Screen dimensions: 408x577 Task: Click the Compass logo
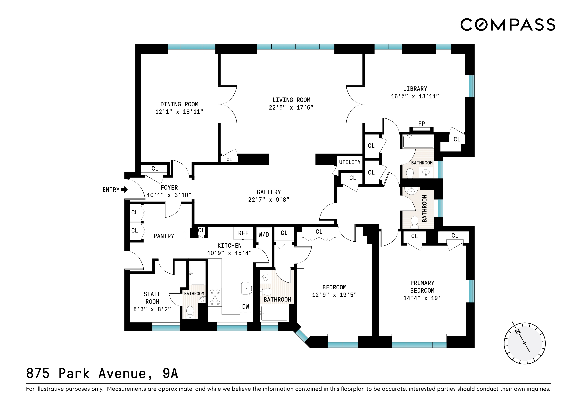coord(508,25)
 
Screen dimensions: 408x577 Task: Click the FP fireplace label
coord(421,124)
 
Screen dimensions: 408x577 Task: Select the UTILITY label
coord(350,162)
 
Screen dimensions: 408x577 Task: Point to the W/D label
coord(264,235)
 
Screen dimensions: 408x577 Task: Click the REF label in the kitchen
coord(243,233)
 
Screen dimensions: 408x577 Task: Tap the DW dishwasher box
coord(246,306)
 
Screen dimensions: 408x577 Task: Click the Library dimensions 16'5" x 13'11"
coord(415,96)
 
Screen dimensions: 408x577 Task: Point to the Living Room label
coord(291,100)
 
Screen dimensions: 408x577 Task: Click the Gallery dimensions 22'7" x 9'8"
coord(269,200)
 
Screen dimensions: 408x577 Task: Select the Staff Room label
coord(152,298)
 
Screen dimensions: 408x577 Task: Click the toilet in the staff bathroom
coord(190,312)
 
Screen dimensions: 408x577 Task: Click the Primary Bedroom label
coord(422,287)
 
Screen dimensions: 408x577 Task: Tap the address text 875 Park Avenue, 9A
coord(102,373)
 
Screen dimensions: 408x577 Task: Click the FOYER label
coord(169,188)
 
